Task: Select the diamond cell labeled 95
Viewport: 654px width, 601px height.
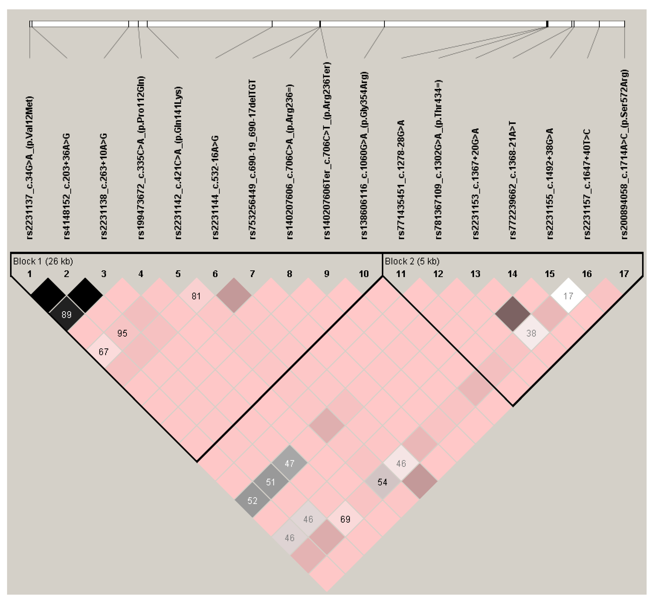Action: coord(122,333)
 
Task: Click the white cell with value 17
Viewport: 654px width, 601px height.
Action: coord(568,296)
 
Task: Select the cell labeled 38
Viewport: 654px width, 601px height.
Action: coord(531,333)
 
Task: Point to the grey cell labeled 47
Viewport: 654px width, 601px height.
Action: coord(289,463)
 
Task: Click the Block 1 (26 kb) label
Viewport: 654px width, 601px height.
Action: coord(43,261)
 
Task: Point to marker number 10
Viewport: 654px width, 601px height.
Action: coord(364,274)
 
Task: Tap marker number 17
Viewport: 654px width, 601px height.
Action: coord(624,274)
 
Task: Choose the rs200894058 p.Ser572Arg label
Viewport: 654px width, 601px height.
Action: coord(624,154)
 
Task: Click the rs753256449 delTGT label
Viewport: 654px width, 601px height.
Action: coord(253,159)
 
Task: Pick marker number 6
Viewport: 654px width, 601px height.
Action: coord(215,274)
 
